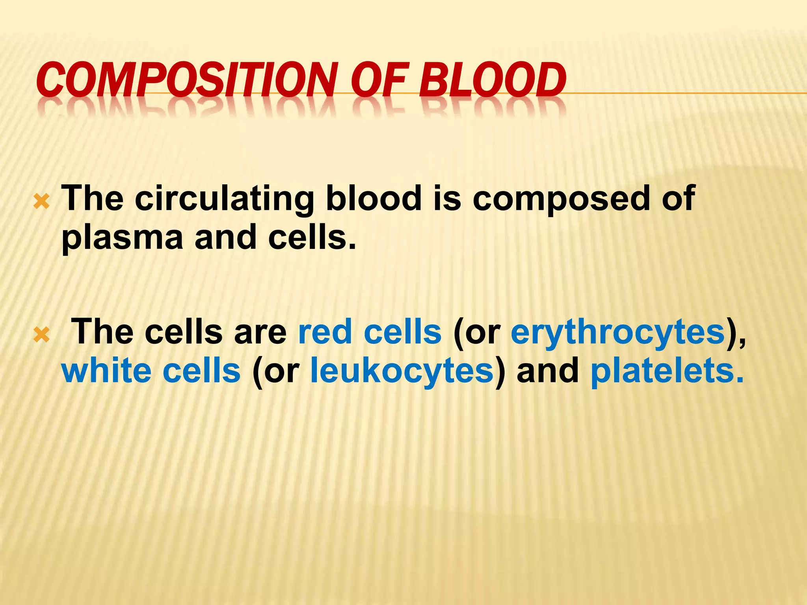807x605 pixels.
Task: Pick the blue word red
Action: (325, 332)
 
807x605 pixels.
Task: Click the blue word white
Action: (107, 370)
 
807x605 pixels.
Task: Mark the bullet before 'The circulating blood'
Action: (41, 202)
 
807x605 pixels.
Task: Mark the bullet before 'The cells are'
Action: (41, 335)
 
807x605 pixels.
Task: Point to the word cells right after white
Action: (201, 370)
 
